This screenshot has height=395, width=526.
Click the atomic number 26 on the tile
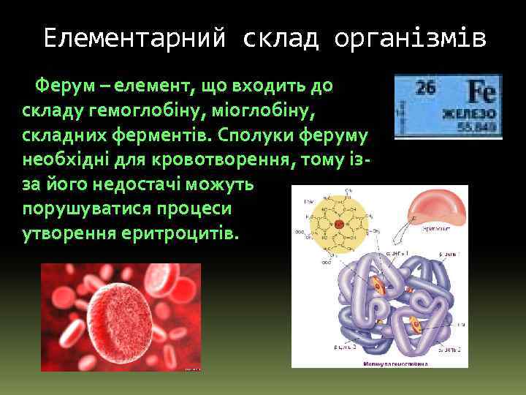[426, 89]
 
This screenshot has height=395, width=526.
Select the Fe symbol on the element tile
[482, 92]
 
